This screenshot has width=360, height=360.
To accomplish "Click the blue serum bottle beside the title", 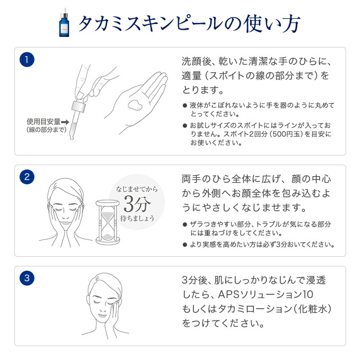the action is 64,23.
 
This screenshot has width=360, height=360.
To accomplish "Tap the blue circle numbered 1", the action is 27,60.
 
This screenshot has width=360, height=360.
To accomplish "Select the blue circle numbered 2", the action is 27,177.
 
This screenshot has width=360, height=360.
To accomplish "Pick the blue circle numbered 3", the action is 27,278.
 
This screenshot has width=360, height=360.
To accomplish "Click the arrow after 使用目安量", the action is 65,122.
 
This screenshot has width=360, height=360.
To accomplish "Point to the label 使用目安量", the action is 44,121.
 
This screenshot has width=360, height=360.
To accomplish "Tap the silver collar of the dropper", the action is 79,107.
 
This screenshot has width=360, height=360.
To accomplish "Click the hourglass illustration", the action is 108,222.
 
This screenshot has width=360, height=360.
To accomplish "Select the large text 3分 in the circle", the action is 137,204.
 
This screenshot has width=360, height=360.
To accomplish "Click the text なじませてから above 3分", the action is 137,189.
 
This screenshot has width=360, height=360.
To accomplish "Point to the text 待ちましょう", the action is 137,218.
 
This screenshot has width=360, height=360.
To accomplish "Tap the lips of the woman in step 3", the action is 102,315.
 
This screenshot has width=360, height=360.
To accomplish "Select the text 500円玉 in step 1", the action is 285,134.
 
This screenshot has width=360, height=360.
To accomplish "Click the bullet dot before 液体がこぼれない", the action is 185,106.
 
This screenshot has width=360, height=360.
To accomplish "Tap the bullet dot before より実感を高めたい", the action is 185,244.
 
